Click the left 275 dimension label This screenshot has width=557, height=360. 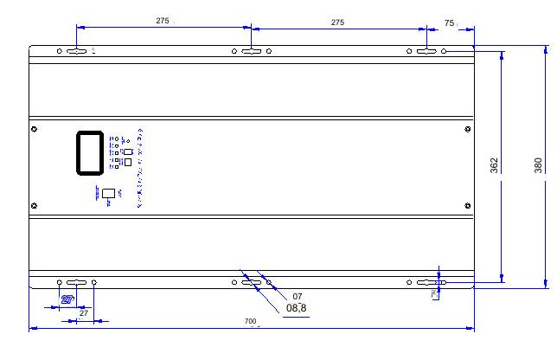coord(163,21)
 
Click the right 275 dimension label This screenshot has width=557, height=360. coord(337,22)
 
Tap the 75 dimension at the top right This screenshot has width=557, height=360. coord(450,22)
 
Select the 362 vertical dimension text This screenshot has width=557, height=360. coord(494,164)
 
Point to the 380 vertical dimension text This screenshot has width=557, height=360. coord(538,164)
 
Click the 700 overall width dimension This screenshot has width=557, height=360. coord(251,322)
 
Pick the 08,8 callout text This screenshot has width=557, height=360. coord(297,307)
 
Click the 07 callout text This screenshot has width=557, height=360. coord(298,296)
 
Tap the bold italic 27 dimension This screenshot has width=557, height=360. coord(67,299)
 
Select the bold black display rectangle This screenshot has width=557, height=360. coord(91,152)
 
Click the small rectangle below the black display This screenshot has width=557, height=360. coord(109,193)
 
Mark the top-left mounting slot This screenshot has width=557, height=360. coord(76,51)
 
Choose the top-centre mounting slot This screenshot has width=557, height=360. coord(252,51)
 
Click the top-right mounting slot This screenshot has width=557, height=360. coord(426,51)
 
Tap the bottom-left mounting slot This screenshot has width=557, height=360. coord(76,282)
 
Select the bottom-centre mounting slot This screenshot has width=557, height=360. coord(252,282)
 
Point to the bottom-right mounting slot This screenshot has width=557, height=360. coord(426,282)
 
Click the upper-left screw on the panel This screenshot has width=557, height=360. coord(34,130)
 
